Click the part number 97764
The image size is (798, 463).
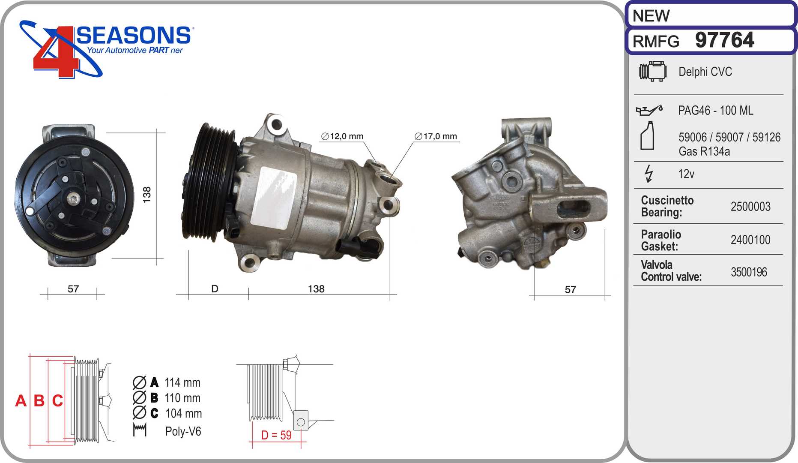click(x=724, y=40)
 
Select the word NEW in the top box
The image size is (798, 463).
click(x=651, y=16)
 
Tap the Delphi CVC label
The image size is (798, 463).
click(x=705, y=72)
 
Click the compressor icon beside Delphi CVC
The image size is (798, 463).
click(x=653, y=71)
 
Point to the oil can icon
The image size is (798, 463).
click(x=649, y=110)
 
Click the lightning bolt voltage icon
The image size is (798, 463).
click(x=649, y=174)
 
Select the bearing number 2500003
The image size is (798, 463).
click(x=750, y=207)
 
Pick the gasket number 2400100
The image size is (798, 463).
click(x=750, y=240)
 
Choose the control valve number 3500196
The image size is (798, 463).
click(x=749, y=272)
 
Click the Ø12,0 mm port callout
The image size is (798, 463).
click(x=342, y=136)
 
